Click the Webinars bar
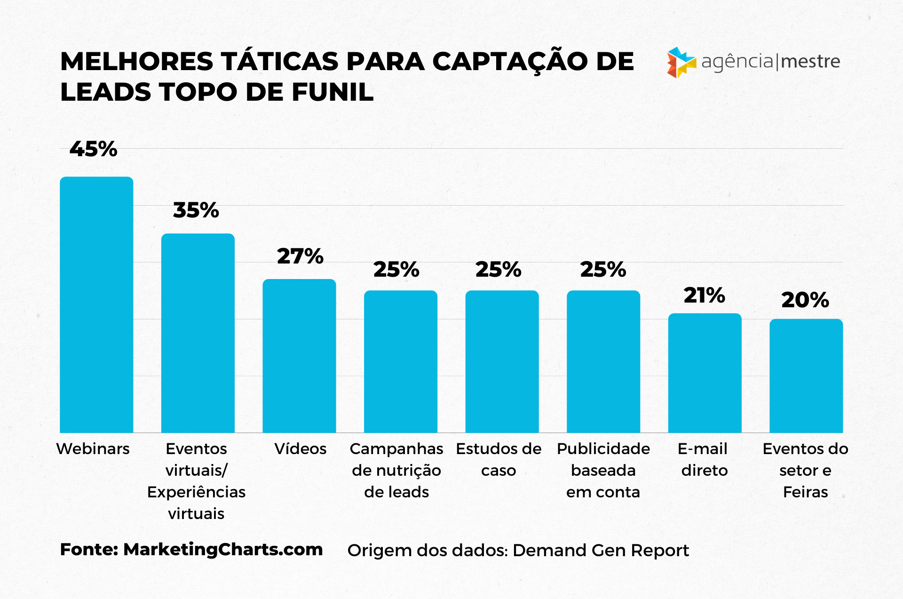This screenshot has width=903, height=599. click(96, 304)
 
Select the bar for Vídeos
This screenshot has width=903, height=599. click(299, 356)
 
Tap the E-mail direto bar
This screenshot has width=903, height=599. click(705, 373)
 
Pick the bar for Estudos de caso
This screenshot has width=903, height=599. click(502, 361)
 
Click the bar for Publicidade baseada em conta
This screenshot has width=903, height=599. click(603, 361)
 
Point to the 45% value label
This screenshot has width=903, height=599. click(93, 149)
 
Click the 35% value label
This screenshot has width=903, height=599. click(196, 210)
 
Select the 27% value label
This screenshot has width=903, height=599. click(300, 256)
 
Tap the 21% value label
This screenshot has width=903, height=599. click(704, 296)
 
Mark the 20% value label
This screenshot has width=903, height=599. click(805, 300)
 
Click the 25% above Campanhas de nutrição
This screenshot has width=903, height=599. click(396, 270)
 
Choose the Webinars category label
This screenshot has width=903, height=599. click(93, 449)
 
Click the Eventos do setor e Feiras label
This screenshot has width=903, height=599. click(805, 470)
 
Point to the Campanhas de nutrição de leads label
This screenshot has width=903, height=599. click(396, 470)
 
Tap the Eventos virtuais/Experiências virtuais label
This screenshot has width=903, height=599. click(196, 480)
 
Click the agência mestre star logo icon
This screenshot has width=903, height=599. click(681, 62)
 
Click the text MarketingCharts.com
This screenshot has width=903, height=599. click(223, 550)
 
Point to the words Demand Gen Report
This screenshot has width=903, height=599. click(601, 550)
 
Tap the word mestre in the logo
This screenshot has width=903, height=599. click(810, 62)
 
